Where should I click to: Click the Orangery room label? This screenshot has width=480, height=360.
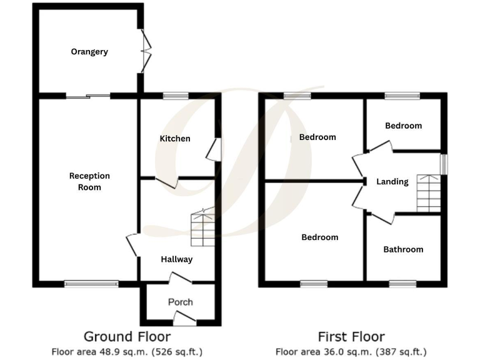point(89,52)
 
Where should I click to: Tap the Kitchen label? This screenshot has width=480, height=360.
point(175,138)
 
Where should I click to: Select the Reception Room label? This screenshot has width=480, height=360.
point(89,181)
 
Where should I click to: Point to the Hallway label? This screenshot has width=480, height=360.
point(177,259)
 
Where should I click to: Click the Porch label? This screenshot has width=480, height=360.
point(181,302)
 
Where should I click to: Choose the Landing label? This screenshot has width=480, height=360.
point(392,181)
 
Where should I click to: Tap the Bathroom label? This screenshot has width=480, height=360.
point(403,249)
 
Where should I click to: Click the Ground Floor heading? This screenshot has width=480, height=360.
point(127,337)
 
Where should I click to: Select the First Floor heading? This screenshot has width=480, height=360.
point(351,337)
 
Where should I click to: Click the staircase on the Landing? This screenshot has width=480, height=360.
point(429,193)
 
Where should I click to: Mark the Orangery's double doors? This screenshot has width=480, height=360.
point(146,51)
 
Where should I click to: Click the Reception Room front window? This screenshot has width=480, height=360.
point(91,283)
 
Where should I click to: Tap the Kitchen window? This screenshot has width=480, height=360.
point(176,96)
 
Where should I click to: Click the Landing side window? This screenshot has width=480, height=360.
point(443,164)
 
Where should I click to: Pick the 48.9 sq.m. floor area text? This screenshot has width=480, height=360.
point(127,352)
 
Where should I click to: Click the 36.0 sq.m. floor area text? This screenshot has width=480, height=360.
point(351,352)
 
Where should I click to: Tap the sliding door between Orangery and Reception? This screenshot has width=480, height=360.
point(87,96)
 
